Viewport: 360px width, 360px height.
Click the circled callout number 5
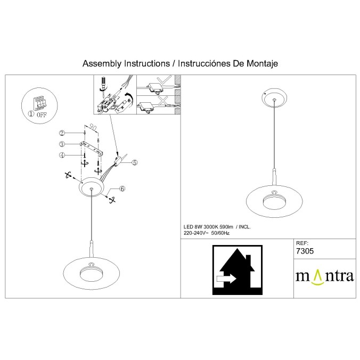tap(134, 162)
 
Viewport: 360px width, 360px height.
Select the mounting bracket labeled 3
tap(92, 147)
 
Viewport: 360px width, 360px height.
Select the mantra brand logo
tap(325, 277)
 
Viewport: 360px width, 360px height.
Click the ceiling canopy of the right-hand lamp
tap(274, 97)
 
